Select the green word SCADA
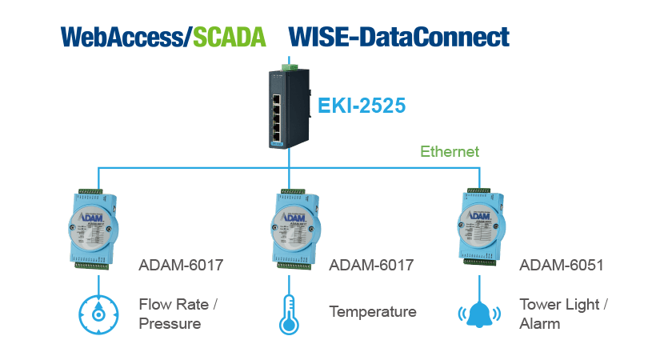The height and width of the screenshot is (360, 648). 230,37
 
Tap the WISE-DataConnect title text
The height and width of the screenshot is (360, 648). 398,37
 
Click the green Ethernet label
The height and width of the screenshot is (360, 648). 450,150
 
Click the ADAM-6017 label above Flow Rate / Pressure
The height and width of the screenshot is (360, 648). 180,265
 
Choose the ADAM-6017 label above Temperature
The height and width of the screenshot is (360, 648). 371,265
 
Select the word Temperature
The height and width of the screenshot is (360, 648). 373,312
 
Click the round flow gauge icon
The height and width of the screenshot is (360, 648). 98,314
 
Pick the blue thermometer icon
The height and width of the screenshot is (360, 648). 288,314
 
